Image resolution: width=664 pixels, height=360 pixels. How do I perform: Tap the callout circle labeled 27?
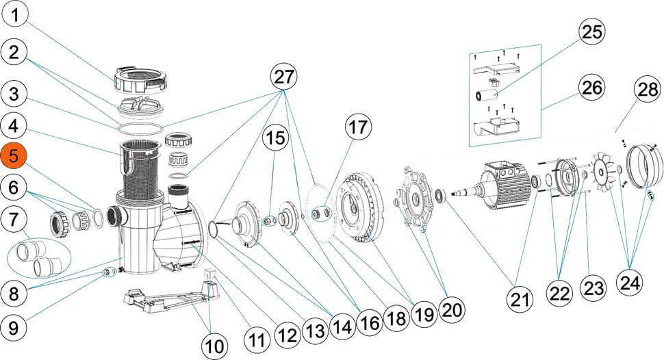[286, 76]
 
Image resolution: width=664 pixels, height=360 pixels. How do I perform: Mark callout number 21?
[521, 298]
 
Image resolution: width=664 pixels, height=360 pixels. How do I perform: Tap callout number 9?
[14, 327]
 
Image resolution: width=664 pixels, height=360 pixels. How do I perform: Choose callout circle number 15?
[276, 138]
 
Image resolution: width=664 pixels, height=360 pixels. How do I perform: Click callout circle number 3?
[14, 91]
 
